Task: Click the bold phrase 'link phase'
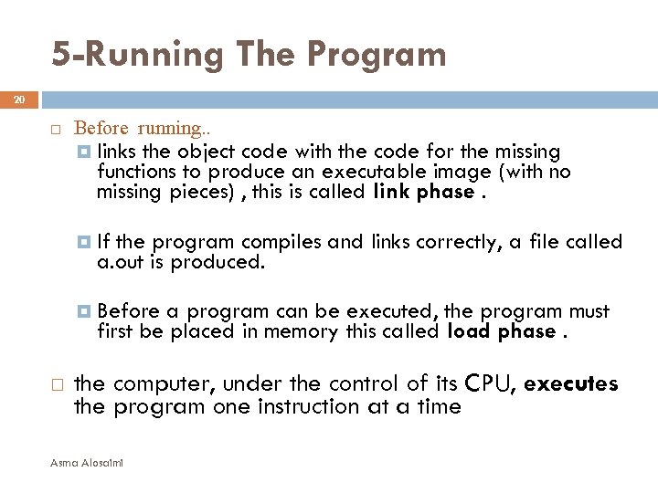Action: point(423,192)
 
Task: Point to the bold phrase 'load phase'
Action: point(501,331)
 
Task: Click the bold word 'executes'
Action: point(571,383)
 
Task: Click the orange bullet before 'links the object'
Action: point(84,151)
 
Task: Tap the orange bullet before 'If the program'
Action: point(84,242)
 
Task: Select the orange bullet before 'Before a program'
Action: point(84,312)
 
